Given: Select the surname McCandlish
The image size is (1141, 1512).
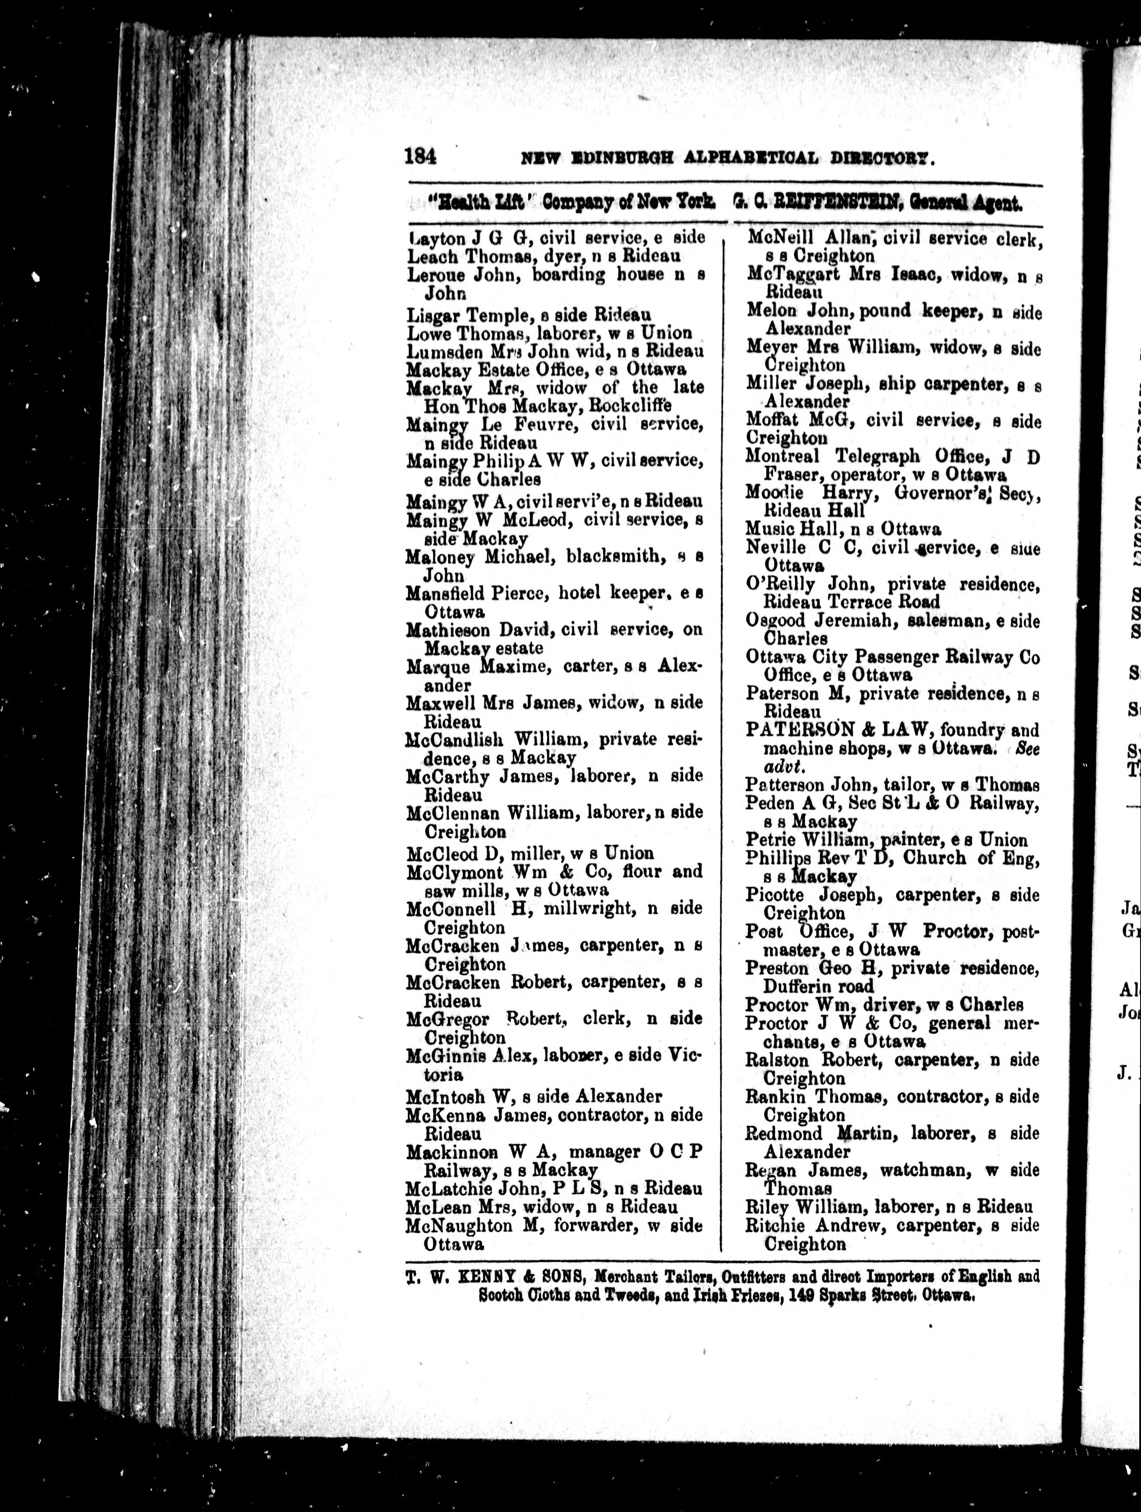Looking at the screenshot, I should (x=455, y=740).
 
